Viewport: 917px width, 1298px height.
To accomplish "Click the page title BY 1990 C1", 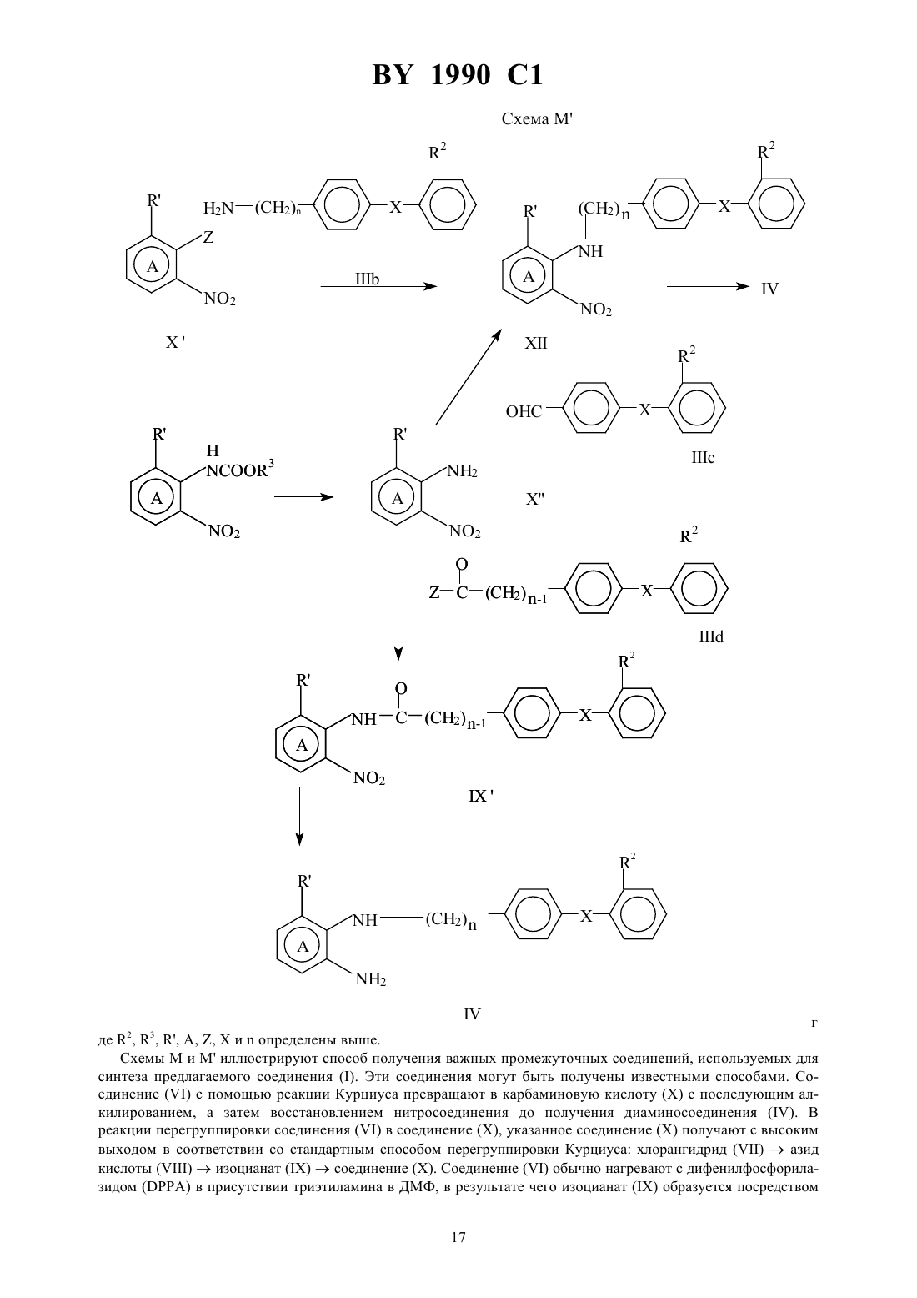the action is tap(458, 75).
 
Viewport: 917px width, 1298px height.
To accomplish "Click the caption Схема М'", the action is tap(537, 119).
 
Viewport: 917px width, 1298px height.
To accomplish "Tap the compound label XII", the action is tap(535, 344).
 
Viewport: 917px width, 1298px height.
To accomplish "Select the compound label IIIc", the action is tap(703, 458).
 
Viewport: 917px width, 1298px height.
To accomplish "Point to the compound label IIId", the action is tap(711, 637).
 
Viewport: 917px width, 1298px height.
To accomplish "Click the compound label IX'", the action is tap(480, 796).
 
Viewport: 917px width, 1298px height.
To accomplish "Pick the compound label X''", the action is tap(535, 499).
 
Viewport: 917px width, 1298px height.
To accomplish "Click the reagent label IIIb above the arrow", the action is tap(367, 279).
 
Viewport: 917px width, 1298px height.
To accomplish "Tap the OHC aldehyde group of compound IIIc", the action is tap(524, 411).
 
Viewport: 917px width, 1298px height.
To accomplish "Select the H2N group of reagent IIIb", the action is tap(218, 208).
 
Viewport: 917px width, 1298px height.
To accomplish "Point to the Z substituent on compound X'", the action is tap(208, 237).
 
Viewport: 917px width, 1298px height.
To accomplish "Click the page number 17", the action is tap(458, 1237).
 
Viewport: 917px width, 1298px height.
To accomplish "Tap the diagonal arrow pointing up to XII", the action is tap(468, 377).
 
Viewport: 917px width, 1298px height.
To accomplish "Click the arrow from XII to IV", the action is tap(708, 286).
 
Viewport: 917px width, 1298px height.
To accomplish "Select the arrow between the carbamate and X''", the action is tap(303, 496).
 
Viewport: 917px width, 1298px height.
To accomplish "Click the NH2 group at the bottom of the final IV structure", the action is tap(370, 980).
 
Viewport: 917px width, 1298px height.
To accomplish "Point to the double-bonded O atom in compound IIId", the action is tap(461, 564).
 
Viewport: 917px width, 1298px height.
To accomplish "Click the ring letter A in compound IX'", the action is tap(302, 745).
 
